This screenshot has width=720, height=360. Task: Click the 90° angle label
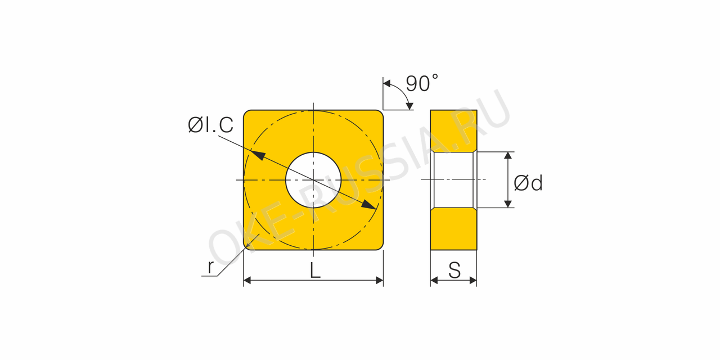point(422,83)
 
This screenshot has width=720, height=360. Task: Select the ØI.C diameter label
point(210,125)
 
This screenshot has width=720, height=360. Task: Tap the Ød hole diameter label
point(528,183)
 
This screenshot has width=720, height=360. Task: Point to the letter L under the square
point(315,271)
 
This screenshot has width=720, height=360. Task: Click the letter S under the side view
point(454,270)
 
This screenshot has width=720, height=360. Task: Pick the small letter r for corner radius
point(210,267)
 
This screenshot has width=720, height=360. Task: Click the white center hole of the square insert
point(313,180)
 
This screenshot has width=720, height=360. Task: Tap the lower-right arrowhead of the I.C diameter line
point(368,204)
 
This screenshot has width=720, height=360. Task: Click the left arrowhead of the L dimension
point(247,280)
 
